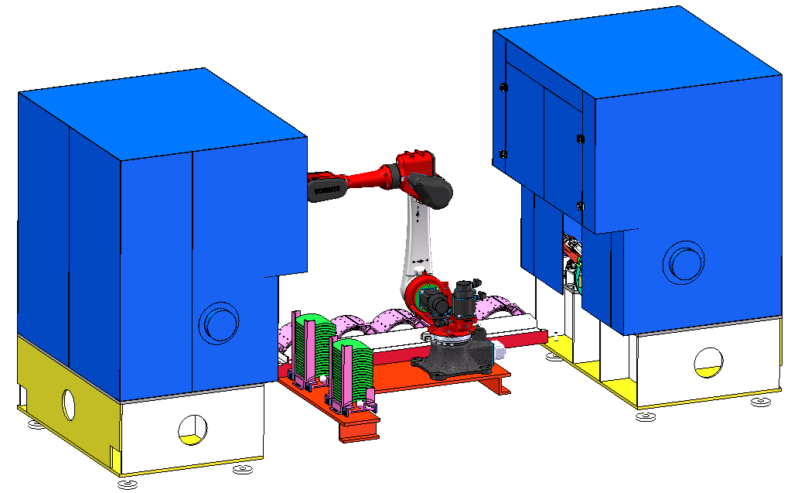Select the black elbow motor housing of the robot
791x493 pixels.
point(431,190)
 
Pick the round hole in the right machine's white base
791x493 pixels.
point(708,361)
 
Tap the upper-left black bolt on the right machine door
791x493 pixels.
point(503,87)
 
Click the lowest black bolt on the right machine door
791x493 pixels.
point(580,206)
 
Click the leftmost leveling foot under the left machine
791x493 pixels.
point(35,424)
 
